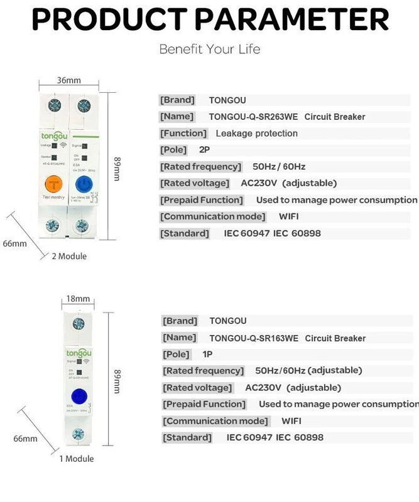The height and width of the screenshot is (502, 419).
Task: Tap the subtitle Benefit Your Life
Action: point(209,49)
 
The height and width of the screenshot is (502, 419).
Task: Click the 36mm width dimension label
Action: point(69,80)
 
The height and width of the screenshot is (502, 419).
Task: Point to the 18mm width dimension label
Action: point(78,299)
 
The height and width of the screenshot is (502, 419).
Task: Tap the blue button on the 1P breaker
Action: point(79,397)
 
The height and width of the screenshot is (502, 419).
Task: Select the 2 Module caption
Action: point(69,256)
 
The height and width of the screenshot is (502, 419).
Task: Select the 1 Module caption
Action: point(77,459)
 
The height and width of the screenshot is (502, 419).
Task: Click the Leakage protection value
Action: point(256,133)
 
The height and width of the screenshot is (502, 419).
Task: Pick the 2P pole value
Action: point(205,150)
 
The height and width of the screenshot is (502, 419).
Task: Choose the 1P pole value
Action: point(207,355)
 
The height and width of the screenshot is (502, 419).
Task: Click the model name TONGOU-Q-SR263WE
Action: point(254,117)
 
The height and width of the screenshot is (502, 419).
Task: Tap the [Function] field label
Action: point(183,133)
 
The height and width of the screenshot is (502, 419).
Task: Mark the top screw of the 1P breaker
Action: point(79,324)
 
